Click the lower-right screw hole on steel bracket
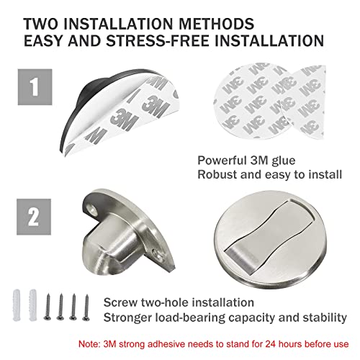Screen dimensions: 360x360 point(158,253)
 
